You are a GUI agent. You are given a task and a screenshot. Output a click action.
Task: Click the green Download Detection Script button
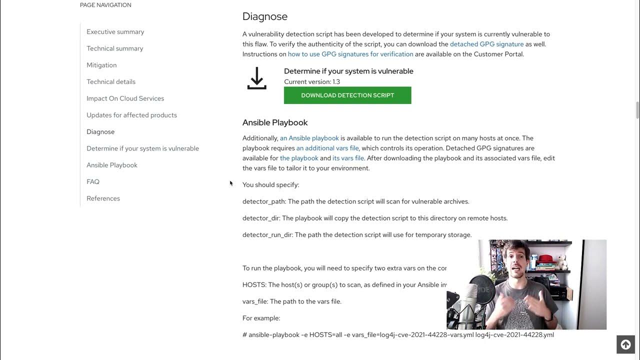[x=347, y=95]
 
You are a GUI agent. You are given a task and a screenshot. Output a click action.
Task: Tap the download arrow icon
[x=256, y=78]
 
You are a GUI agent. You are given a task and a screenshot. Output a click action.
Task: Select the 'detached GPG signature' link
[x=486, y=44]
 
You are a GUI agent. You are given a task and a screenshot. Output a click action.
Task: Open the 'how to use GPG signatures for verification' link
[x=350, y=54]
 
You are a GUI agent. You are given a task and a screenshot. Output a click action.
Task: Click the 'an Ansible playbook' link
[x=309, y=138]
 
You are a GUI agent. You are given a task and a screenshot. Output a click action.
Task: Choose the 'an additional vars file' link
[x=327, y=148]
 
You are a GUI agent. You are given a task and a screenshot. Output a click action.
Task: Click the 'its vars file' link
[x=348, y=158]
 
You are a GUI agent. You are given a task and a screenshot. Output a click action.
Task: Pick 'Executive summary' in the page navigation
[x=115, y=32]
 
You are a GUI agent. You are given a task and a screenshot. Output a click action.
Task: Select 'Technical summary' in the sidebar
[x=114, y=48]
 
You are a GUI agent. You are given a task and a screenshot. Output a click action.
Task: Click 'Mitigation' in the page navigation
[x=101, y=65]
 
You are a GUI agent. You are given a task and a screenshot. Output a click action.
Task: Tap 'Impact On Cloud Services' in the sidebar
[x=125, y=98]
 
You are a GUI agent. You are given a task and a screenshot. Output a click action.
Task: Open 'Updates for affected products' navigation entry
[x=131, y=115]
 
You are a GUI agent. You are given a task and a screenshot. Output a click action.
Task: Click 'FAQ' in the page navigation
[x=93, y=182]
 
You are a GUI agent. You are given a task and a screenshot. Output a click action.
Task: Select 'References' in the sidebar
[x=103, y=198]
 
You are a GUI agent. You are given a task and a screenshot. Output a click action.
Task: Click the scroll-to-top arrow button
[x=625, y=344]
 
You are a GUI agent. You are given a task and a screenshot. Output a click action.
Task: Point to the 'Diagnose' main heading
[x=265, y=16]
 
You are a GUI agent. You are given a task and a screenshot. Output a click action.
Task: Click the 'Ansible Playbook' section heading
[x=275, y=122]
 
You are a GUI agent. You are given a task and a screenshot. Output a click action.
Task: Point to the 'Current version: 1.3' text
[x=312, y=82]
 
